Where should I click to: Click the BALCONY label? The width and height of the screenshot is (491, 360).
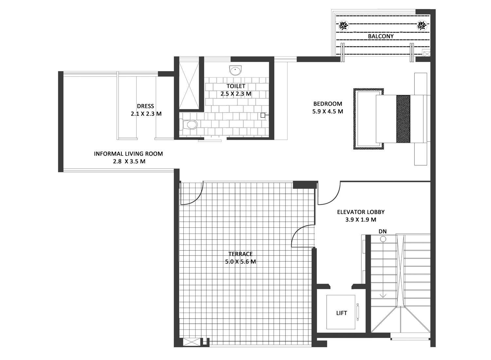tap(381, 36)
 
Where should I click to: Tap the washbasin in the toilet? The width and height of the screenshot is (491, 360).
tap(235, 70)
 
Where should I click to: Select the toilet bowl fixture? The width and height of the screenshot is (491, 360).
tap(189, 124)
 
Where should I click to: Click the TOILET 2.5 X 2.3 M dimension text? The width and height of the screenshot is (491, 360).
tap(236, 94)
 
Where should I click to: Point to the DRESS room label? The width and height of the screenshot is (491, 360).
tap(145, 106)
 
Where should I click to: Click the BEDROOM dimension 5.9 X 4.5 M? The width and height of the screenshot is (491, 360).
tap(328, 112)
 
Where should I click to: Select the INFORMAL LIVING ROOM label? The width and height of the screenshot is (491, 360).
tap(128, 154)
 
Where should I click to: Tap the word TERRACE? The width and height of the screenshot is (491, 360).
tap(241, 254)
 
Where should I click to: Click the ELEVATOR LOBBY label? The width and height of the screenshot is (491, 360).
tap(361, 212)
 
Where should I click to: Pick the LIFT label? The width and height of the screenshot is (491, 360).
tap(341, 313)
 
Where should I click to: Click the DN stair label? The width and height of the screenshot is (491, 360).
tap(383, 231)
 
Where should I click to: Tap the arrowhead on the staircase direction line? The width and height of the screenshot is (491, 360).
tap(383, 296)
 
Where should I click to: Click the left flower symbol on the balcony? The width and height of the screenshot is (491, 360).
tap(343, 26)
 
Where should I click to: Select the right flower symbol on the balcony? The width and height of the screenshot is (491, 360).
tap(422, 26)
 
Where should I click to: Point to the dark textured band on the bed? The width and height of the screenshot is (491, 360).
tap(403, 119)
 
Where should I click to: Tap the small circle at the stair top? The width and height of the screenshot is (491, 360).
tap(383, 239)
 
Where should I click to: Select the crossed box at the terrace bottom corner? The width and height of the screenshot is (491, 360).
tap(191, 342)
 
